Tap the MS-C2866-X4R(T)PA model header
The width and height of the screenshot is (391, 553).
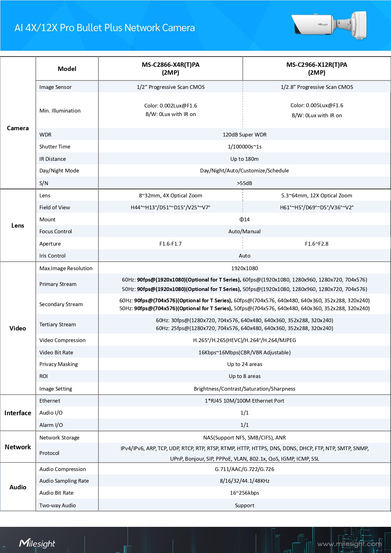coord(170,68)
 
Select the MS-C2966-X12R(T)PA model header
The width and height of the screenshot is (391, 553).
coord(317,68)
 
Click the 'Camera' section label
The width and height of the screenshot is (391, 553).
coord(18,128)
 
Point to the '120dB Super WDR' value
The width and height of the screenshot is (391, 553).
coord(244,135)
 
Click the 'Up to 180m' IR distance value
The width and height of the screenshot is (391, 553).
coord(244,159)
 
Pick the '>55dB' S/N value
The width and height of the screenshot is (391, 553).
coord(244,183)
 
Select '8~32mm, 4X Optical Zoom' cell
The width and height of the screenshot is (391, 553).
coord(170,195)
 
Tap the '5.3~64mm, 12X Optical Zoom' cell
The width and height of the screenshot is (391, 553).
coord(317,195)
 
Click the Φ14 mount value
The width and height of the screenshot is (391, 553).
coord(244,219)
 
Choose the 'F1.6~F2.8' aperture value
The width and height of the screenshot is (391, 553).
coord(317,244)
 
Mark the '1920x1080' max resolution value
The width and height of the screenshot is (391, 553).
coord(244,268)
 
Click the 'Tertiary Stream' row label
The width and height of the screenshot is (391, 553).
coord(58,324)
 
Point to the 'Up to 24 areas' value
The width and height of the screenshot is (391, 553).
coord(244,364)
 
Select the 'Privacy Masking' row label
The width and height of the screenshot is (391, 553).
coord(59,364)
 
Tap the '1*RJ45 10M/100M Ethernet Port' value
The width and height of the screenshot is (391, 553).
coord(244,401)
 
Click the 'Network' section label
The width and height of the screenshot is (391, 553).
coord(18,447)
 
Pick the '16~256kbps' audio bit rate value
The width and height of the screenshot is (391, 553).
coord(244,493)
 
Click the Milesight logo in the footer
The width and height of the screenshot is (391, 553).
coord(37,543)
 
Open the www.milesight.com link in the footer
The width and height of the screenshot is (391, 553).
coord(349,544)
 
